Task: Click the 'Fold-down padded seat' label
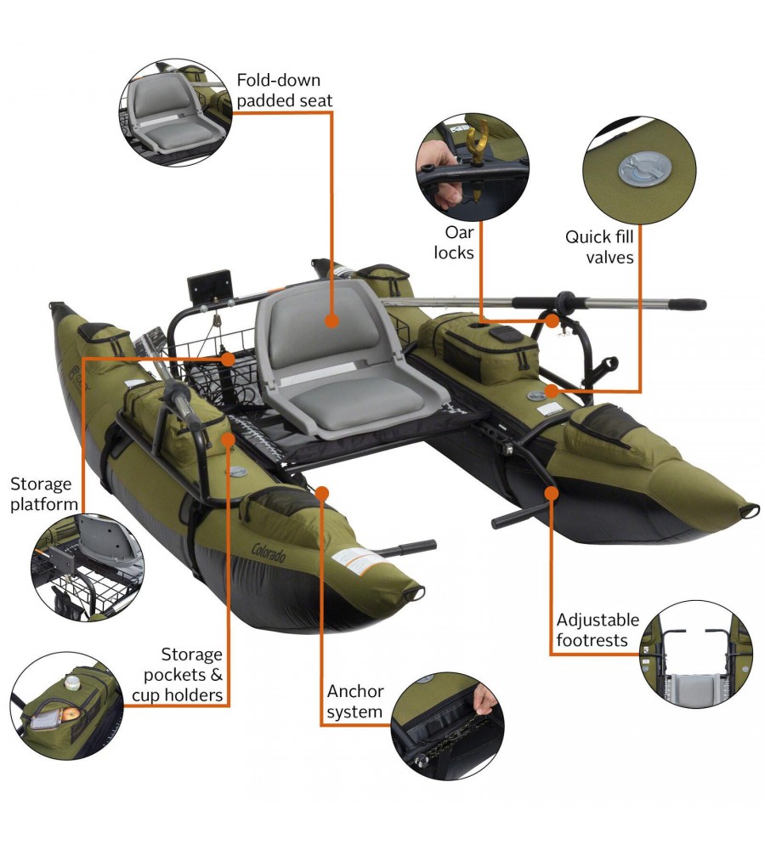point(285,91)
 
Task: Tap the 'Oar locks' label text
point(454,242)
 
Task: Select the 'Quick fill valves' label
point(599,246)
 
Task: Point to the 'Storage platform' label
point(44,494)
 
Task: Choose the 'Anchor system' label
point(355,701)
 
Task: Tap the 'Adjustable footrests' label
point(598,630)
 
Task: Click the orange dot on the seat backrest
point(331,321)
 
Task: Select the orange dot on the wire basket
point(229,359)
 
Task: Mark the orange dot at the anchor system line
point(322,493)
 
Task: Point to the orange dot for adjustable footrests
point(552,493)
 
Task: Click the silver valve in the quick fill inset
point(644,168)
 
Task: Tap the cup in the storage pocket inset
point(72,682)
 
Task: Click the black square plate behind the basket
point(209,285)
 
